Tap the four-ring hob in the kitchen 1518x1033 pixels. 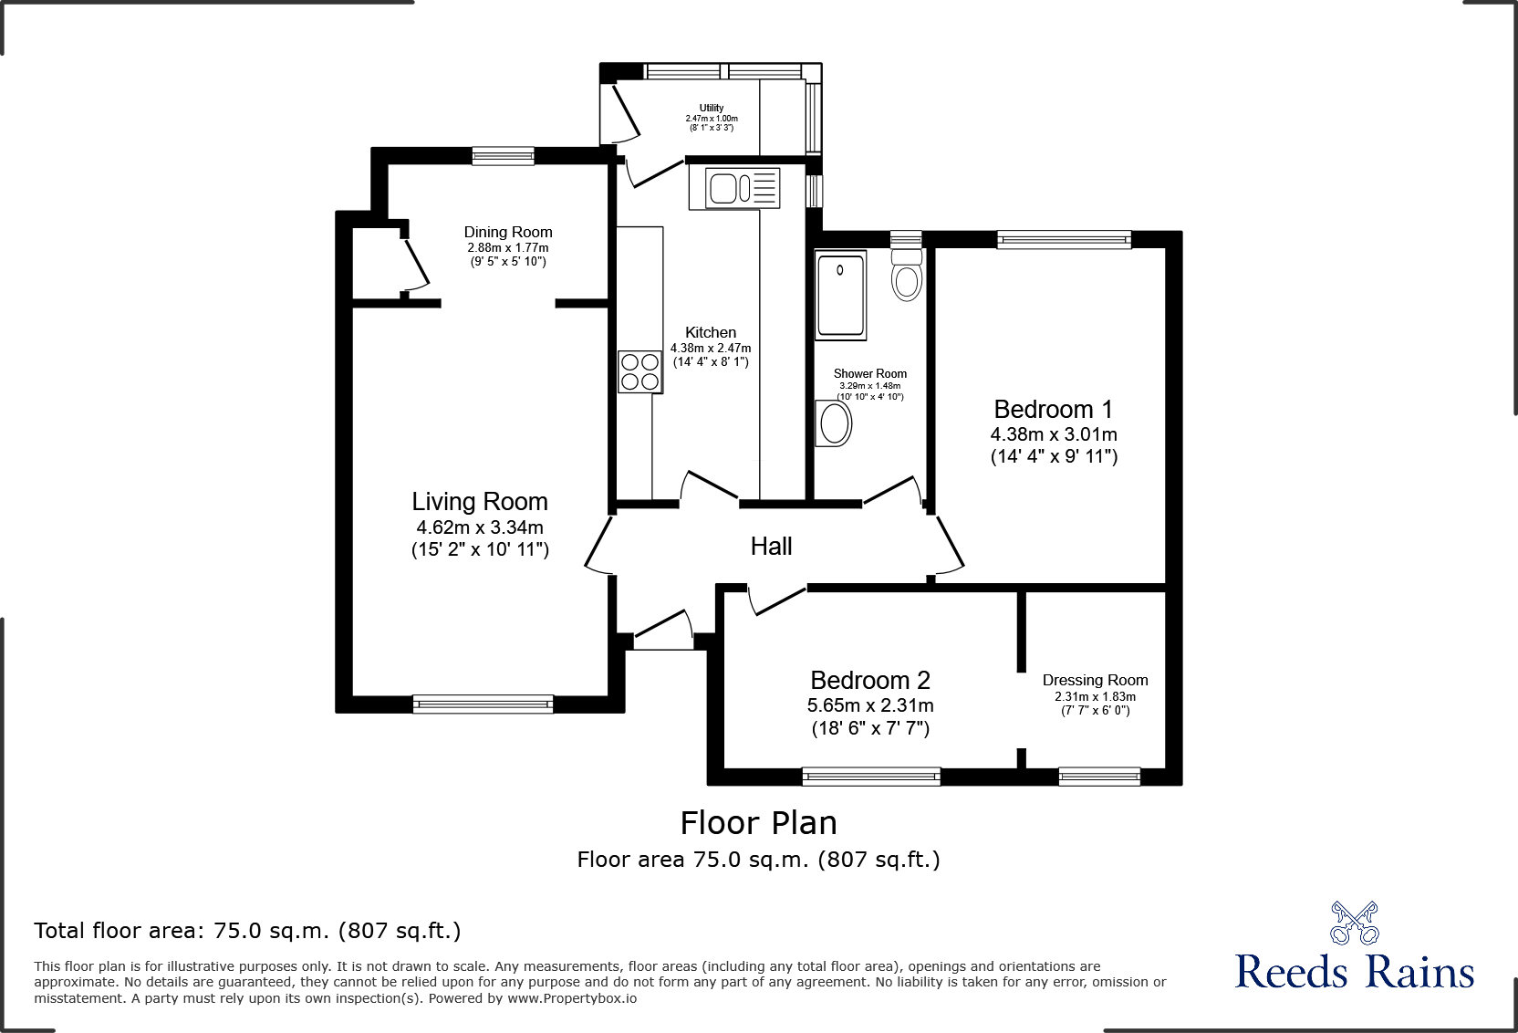point(639,371)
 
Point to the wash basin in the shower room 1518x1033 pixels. point(835,423)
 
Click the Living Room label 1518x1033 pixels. point(480,502)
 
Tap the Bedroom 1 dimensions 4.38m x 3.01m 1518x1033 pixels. point(1054,435)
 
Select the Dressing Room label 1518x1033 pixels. point(1095,681)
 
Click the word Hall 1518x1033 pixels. point(771,547)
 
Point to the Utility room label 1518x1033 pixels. point(712,108)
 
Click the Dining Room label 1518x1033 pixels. point(508,233)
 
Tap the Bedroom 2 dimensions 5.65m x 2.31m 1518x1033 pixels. point(870,705)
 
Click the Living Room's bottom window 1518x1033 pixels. point(483,703)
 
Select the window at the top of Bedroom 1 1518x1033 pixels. point(1064,240)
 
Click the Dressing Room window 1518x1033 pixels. point(1099,777)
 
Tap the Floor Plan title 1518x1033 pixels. point(758,823)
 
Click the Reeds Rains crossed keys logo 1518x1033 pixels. point(1354,922)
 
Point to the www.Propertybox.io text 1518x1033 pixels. point(572,998)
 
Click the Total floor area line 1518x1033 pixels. point(247,931)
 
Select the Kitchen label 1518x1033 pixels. point(711,333)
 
